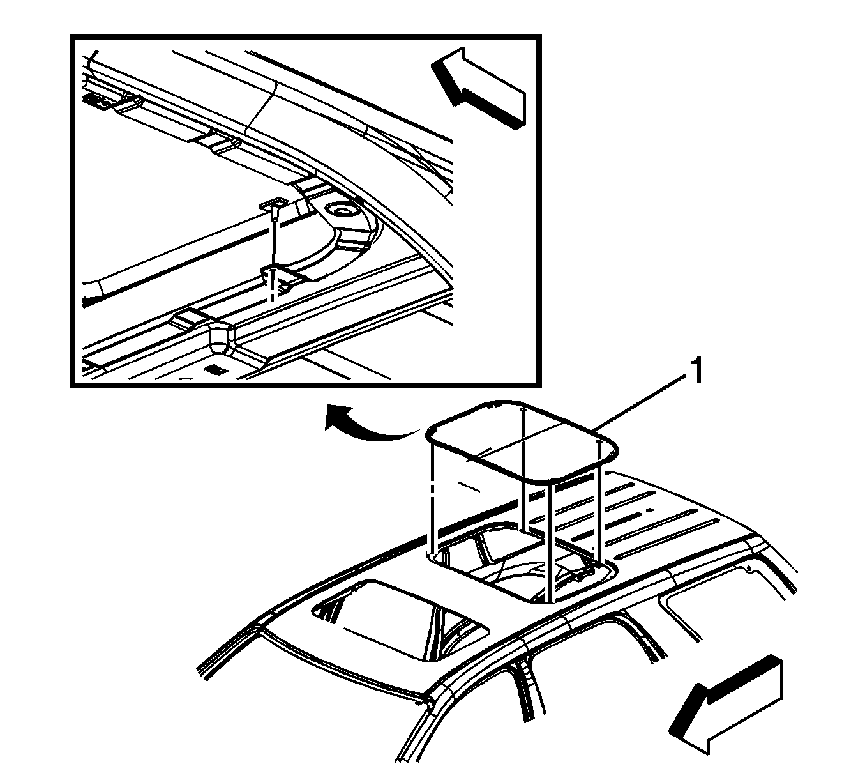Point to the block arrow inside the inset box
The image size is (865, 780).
point(479,87)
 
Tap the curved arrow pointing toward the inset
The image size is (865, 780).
point(366,427)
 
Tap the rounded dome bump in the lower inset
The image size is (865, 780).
point(220,339)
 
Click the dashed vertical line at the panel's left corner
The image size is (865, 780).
point(431,496)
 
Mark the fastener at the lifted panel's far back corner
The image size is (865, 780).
point(523,408)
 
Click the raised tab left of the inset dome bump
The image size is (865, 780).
point(189,320)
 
